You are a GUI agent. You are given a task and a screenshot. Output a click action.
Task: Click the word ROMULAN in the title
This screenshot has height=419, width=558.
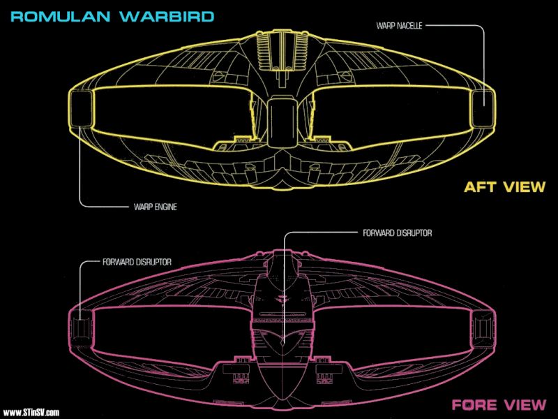coord(61,17)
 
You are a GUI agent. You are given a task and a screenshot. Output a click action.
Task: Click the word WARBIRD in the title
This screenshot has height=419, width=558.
coord(167,17)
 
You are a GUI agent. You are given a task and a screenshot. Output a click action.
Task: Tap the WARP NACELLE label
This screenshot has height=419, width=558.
coord(399,26)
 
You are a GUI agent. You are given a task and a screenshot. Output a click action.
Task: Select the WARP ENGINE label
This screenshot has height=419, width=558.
coord(155,207)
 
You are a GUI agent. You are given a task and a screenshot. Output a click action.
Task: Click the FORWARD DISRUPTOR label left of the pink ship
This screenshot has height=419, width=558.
coord(137,263)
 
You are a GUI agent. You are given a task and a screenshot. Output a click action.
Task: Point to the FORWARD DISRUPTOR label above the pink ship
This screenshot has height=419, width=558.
coord(397,233)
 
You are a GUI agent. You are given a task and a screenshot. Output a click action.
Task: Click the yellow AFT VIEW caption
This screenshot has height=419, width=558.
coord(504,187)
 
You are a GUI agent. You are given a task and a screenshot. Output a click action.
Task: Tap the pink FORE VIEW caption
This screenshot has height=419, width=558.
coord(499,405)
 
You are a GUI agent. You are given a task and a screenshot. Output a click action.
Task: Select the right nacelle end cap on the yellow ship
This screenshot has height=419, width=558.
coord(483,108)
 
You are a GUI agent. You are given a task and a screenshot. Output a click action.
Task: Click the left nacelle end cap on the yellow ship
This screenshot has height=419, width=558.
coord(82,108)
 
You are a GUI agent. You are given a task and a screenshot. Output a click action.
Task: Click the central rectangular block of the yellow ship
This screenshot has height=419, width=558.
coord(282,123)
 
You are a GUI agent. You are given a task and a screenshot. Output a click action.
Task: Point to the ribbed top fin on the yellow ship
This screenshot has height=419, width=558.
coord(282,50)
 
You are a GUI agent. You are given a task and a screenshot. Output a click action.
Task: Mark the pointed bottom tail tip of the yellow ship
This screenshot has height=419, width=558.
coord(282,188)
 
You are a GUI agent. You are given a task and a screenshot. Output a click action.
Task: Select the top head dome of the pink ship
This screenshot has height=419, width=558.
coord(282,264)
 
